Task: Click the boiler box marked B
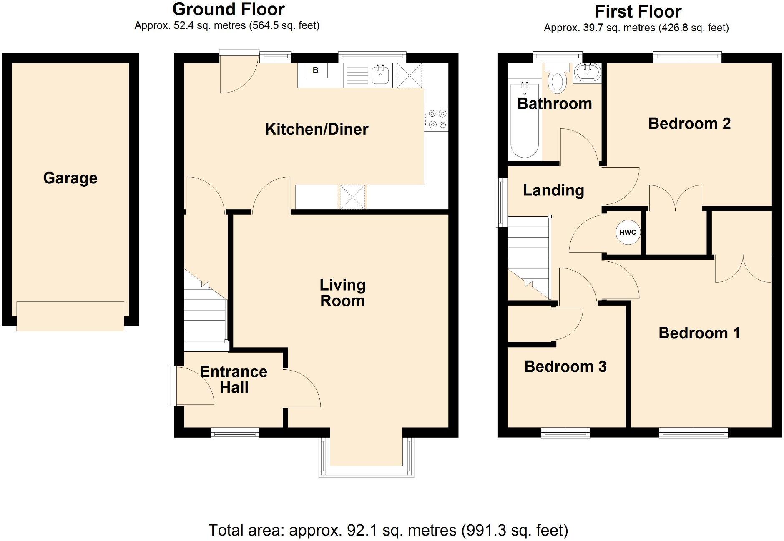(315, 70)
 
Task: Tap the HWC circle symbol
(628, 232)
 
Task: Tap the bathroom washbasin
(587, 73)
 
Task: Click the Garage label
(70, 178)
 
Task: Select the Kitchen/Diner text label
(317, 129)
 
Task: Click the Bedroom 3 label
(565, 367)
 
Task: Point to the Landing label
(553, 190)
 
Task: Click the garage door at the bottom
(70, 316)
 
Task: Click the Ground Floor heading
(228, 9)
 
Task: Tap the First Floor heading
(638, 12)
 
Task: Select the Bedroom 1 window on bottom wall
(694, 434)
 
